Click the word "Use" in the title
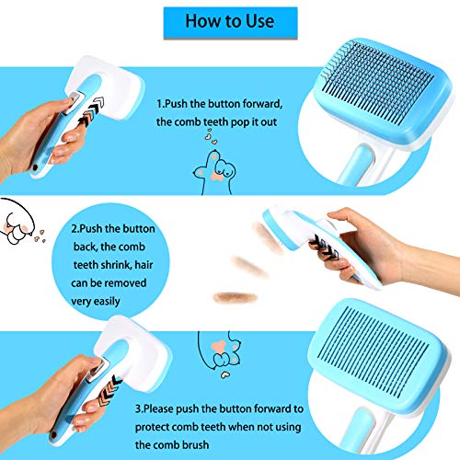(256, 21)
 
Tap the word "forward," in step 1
(262, 104)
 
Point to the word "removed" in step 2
(125, 282)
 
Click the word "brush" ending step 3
(196, 444)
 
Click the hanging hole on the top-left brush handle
(35, 167)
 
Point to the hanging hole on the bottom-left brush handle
(54, 434)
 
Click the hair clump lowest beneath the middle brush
(235, 297)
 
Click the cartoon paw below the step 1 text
(214, 172)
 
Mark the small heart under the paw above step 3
(225, 374)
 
